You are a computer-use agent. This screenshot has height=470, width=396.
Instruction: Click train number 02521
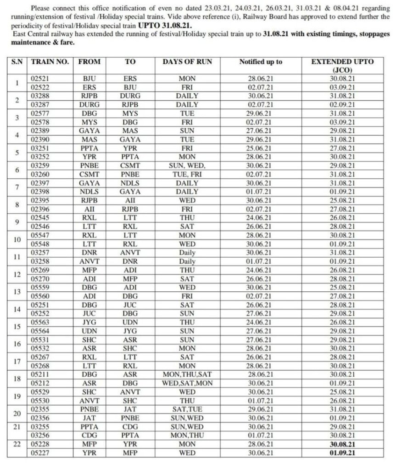tap(39, 79)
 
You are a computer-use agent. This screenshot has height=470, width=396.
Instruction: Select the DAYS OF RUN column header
tap(187, 62)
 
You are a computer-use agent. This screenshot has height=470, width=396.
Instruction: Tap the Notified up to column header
tap(261, 62)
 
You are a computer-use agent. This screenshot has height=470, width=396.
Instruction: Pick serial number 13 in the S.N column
tap(17, 292)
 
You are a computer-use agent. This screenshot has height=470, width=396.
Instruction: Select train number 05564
tap(39, 331)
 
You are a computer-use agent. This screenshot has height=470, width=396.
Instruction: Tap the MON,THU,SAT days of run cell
tap(187, 374)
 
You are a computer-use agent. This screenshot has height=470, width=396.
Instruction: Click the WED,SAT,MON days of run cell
tap(187, 383)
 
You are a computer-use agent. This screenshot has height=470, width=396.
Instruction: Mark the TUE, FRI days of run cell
tap(187, 174)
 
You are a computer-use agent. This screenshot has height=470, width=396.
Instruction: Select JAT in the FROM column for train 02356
tap(89, 418)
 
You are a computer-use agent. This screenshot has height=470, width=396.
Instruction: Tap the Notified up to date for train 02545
tap(260, 218)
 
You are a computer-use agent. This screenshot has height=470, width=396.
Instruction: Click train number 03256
tap(39, 436)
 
